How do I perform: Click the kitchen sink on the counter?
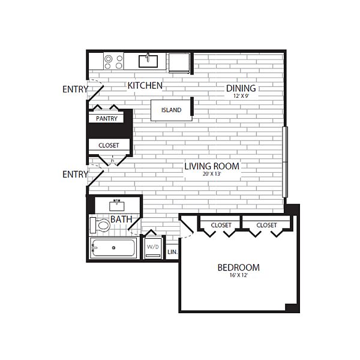148,61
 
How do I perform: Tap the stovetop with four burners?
113,61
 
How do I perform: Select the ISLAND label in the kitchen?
171,110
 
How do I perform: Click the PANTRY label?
107,118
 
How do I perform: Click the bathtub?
113,247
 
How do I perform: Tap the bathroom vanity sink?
117,206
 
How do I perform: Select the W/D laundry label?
152,247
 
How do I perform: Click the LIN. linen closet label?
172,252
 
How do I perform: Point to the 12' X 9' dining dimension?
241,96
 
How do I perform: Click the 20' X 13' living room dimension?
212,174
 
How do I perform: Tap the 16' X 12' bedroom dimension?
239,275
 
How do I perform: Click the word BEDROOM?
239,268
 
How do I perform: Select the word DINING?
241,88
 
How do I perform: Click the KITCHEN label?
145,86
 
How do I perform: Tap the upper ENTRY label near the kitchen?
76,89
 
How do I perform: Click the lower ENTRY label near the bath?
76,174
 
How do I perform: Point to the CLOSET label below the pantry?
109,145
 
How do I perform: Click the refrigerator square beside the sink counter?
179,62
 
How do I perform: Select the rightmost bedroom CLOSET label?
266,225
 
